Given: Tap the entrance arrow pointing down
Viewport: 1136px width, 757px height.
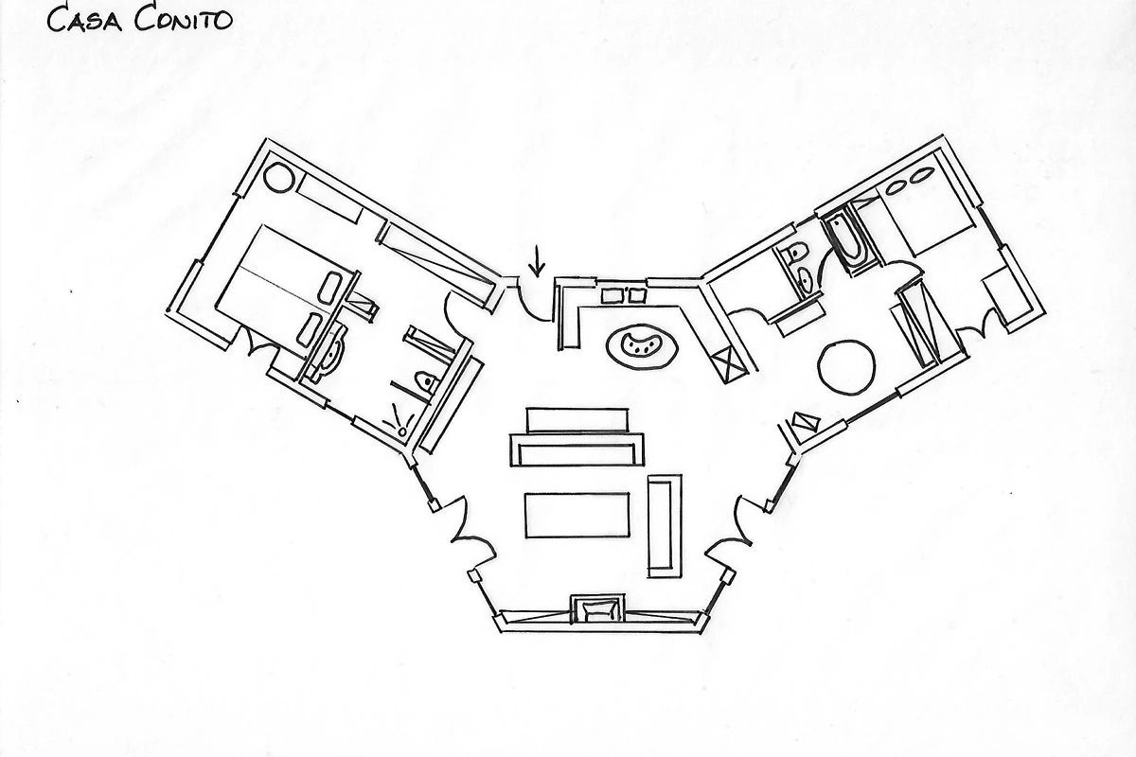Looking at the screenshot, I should pos(537,259).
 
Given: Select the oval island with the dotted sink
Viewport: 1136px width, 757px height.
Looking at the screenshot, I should pos(643,344).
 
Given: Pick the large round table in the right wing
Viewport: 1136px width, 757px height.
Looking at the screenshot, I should pos(845,366).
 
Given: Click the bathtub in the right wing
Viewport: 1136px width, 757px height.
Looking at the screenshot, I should pos(846,240).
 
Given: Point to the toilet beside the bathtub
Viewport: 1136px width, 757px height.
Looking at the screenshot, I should pos(797,253).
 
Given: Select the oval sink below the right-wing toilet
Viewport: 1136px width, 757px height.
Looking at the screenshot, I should pos(806,280).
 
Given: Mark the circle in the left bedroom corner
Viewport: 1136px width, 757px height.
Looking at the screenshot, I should pos(278,177).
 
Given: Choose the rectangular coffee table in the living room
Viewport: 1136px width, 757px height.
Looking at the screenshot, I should pos(577,515).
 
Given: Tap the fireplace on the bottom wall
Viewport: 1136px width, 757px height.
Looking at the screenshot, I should pos(596,608).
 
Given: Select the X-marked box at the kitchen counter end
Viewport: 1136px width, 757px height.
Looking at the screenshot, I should pos(730,364).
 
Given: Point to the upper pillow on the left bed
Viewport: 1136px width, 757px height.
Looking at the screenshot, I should pos(331,287).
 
